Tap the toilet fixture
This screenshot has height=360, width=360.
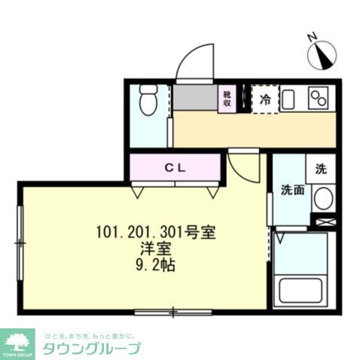148,100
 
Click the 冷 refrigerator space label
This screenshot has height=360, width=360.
264,99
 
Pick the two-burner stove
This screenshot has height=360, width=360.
319,98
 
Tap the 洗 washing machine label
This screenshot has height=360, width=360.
320,169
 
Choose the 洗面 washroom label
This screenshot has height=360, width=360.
292,191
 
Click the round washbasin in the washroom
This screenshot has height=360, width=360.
322,199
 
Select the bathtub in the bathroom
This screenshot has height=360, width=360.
303,290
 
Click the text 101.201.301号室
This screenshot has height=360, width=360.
157,231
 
